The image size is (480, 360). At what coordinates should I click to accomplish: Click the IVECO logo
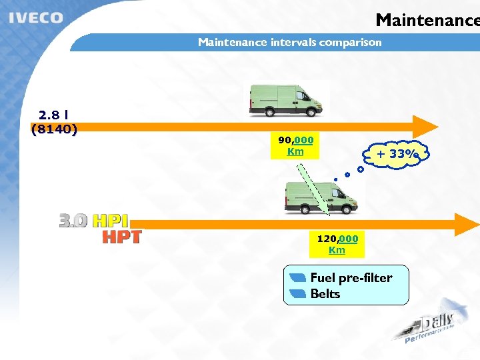pos(36,18)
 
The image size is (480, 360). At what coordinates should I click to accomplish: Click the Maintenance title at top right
pos(427,20)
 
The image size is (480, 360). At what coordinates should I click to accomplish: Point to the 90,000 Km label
pos(295,145)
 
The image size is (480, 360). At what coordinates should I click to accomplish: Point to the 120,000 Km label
pos(337,244)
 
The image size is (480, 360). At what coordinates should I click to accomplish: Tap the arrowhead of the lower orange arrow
pos(467,225)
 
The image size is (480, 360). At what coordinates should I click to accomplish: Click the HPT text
pos(121,236)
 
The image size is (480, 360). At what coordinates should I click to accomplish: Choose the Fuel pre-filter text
pos(351,277)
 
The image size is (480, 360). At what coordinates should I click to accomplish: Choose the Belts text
pos(325,294)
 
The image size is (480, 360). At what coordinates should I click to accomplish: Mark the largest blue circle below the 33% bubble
pos(361,169)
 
